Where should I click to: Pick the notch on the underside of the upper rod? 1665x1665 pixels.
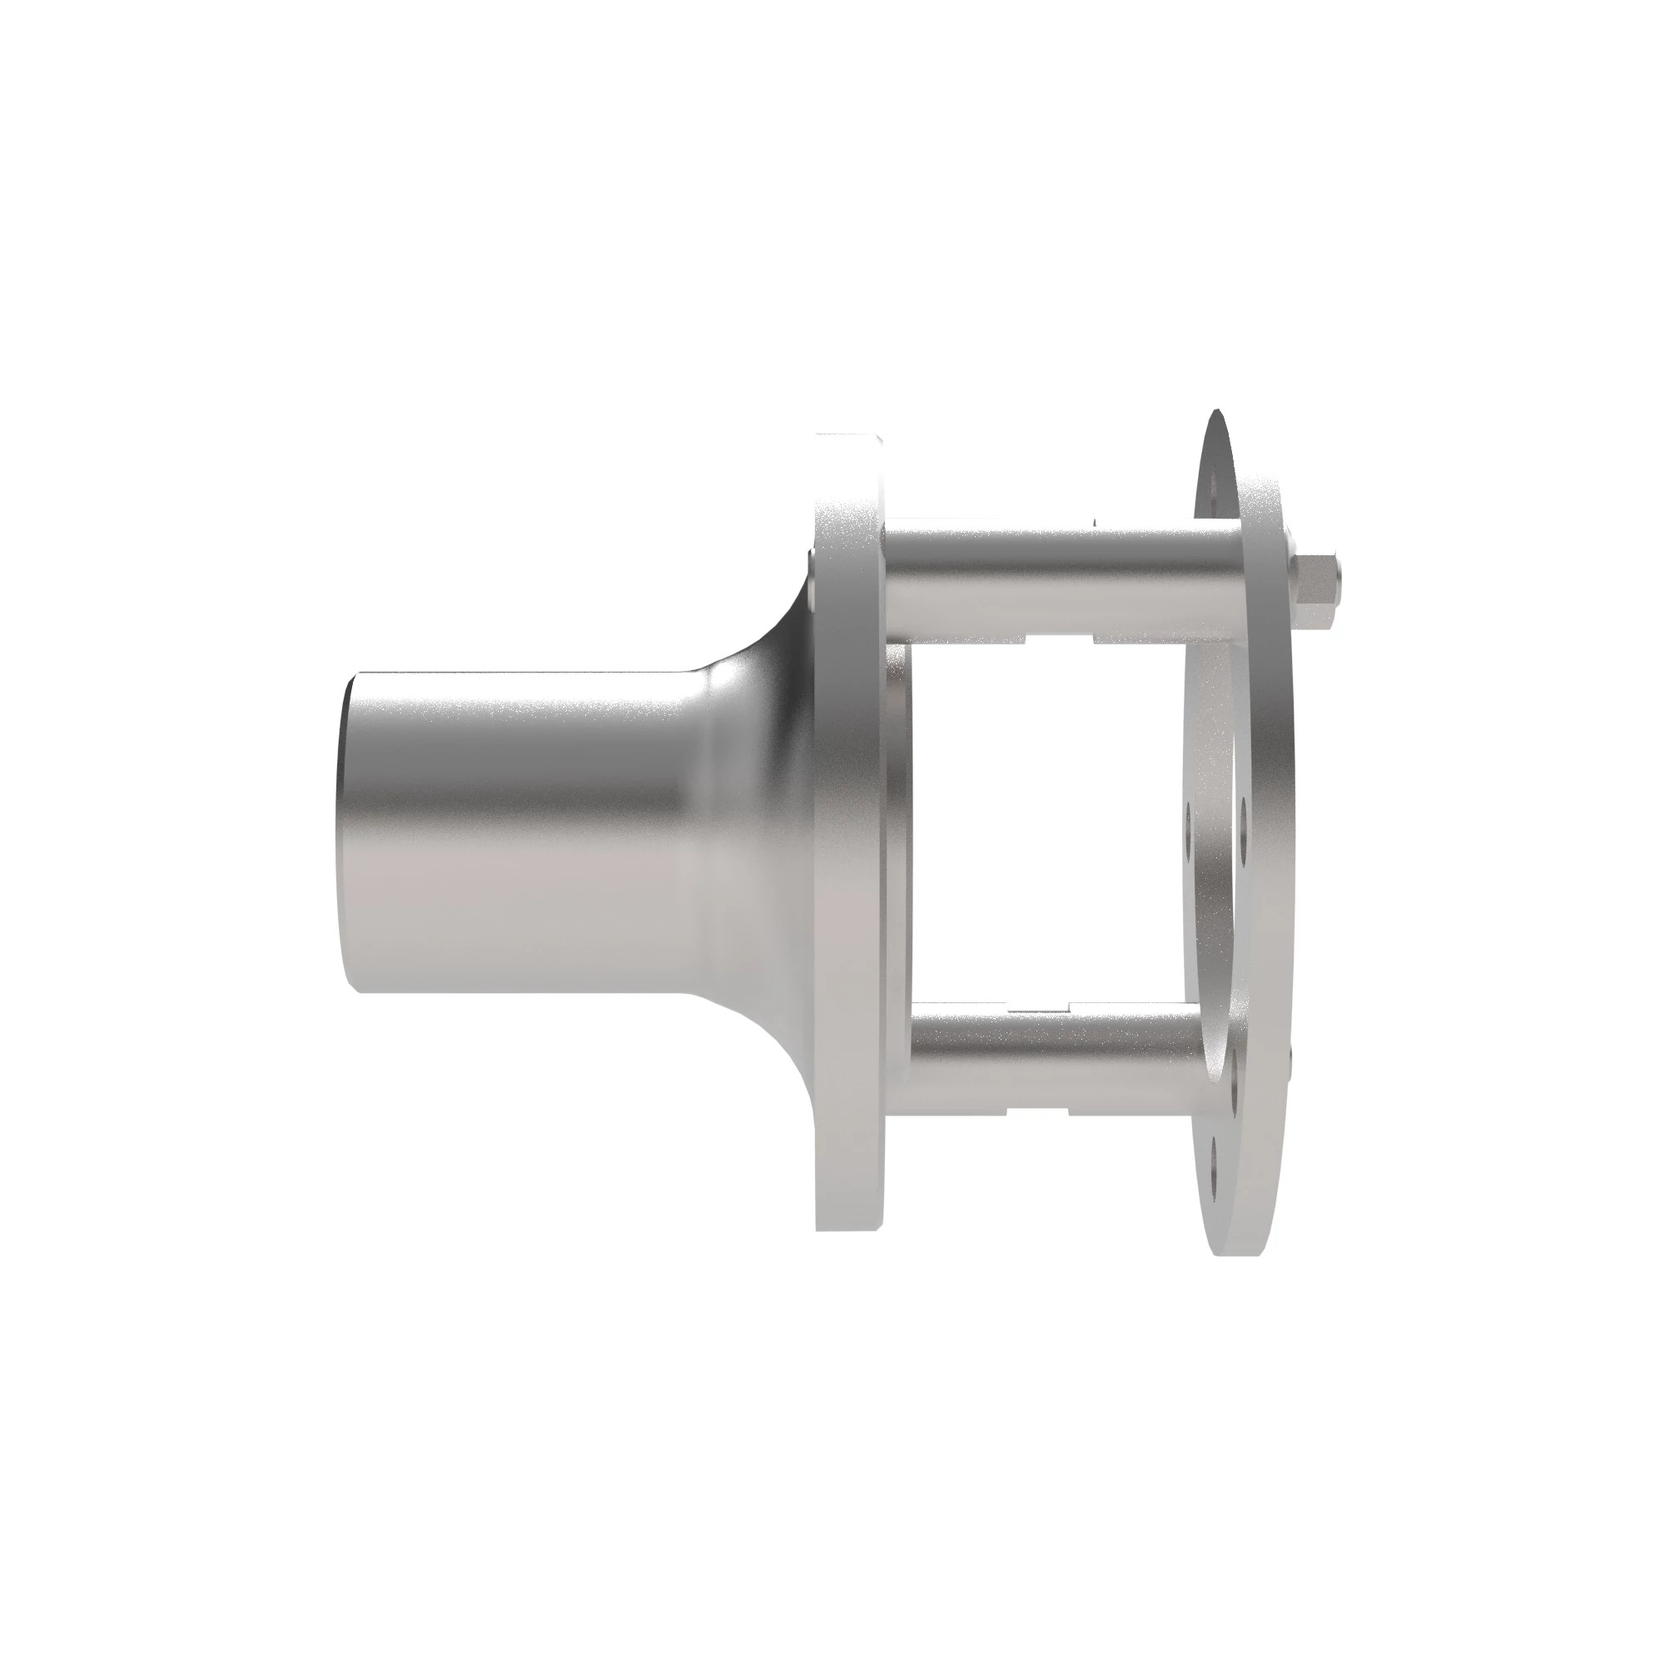[x=1060, y=639]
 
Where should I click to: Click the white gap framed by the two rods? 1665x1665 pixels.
[x=1043, y=818]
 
